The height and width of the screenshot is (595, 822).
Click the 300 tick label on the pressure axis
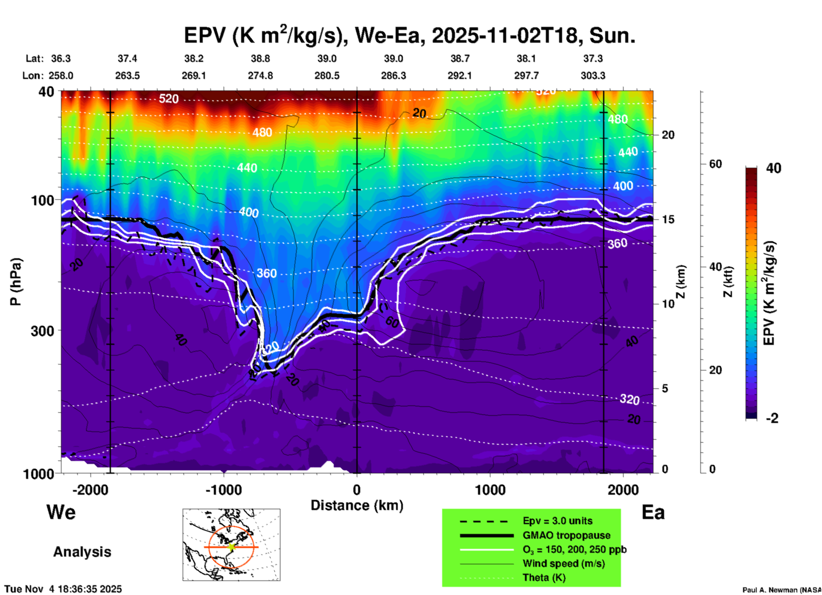[x=42, y=330]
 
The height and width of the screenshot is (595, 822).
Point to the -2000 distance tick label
[x=90, y=490]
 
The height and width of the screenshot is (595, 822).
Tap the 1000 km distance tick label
[x=490, y=490]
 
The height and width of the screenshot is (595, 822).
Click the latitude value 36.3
[x=61, y=58]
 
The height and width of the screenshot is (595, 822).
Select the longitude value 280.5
[x=327, y=76]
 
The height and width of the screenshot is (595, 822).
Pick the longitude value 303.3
[x=593, y=76]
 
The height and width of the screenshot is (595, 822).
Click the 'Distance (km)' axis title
[x=357, y=505]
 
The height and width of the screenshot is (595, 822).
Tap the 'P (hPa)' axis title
[x=15, y=282]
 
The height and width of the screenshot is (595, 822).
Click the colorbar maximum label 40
[x=773, y=168]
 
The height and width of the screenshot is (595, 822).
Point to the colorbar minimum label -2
[x=772, y=418]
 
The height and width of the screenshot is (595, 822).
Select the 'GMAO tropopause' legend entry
[x=566, y=535]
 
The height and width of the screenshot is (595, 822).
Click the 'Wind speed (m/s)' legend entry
[x=563, y=563]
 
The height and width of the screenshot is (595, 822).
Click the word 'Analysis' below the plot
[x=82, y=551]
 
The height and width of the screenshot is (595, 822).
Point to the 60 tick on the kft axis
[x=715, y=164]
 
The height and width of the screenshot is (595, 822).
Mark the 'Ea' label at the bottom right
[x=653, y=512]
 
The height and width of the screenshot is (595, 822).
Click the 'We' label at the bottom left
[x=61, y=512]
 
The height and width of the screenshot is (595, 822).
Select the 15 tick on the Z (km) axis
[x=668, y=219]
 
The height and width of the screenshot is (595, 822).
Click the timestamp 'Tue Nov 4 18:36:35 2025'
[x=63, y=589]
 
